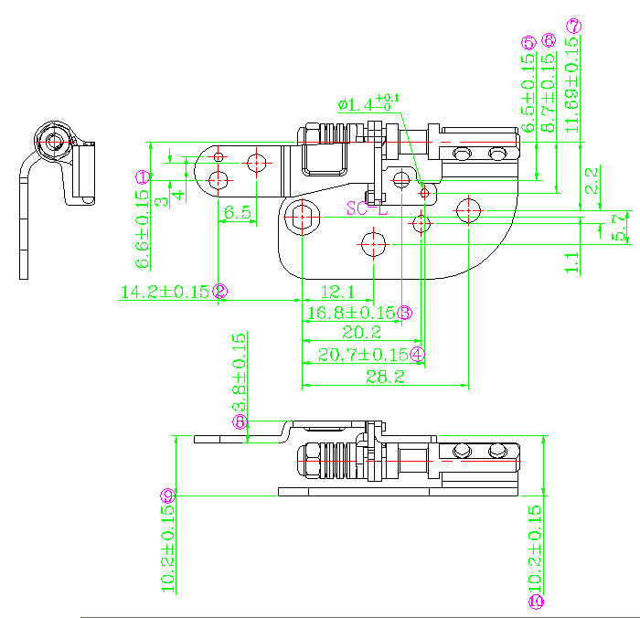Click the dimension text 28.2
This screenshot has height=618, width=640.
click(x=384, y=378)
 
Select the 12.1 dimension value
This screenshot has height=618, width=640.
click(x=336, y=292)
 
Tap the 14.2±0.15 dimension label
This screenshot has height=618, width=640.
click(x=165, y=292)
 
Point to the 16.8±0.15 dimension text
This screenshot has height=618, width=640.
click(x=351, y=313)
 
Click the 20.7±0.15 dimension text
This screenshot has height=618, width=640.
click(x=362, y=354)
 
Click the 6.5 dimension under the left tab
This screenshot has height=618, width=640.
click(x=237, y=212)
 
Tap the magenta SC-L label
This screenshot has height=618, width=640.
click(x=368, y=209)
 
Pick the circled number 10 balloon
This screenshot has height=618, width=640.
click(x=537, y=601)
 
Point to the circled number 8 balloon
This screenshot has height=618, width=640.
click(x=240, y=421)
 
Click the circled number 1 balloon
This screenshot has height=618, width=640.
click(x=143, y=176)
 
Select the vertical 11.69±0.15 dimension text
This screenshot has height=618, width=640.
click(x=573, y=87)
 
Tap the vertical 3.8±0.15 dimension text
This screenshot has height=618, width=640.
click(x=240, y=372)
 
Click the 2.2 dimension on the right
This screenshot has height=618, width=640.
click(x=593, y=180)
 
